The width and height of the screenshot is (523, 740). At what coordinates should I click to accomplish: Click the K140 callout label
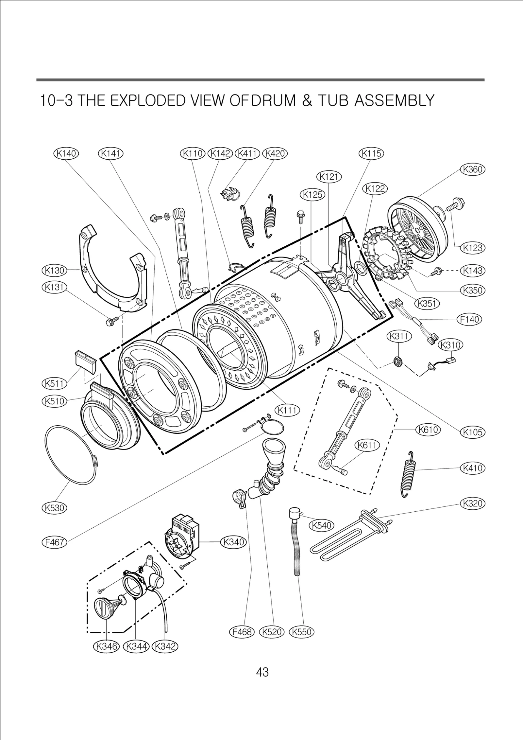pyautogui.click(x=66, y=153)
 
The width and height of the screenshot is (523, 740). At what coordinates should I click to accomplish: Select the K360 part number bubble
pyautogui.click(x=473, y=169)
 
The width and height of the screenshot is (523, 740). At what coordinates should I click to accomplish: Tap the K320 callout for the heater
pyautogui.click(x=473, y=503)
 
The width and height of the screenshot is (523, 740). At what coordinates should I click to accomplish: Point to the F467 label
pyautogui.click(x=54, y=542)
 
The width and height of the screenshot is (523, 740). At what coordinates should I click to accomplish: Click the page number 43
pyautogui.click(x=262, y=672)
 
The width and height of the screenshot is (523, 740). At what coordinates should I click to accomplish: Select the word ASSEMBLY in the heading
pyautogui.click(x=395, y=100)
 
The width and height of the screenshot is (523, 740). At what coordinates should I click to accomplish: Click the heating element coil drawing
pyautogui.click(x=346, y=540)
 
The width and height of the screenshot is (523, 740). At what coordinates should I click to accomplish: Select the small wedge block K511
pyautogui.click(x=86, y=361)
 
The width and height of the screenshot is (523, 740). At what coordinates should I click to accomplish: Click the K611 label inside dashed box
pyautogui.click(x=367, y=445)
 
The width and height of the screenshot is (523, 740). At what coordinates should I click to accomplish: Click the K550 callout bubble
pyautogui.click(x=301, y=632)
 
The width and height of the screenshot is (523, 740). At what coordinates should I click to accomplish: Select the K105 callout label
pyautogui.click(x=473, y=432)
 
